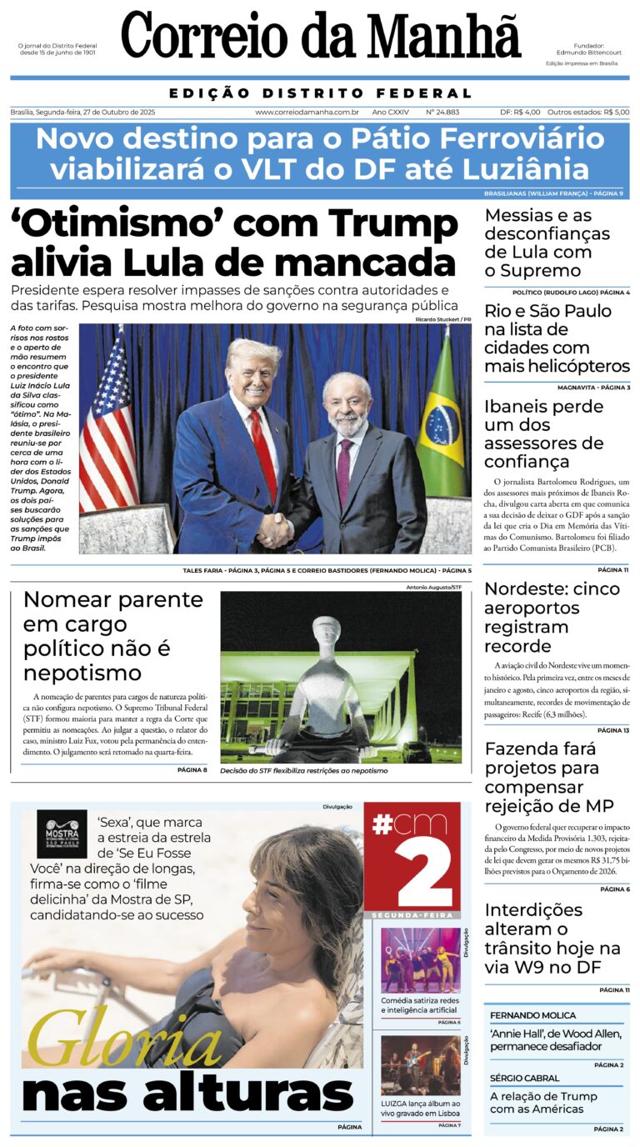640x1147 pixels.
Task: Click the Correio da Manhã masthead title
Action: point(320,38)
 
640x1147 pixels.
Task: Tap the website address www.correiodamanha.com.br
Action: point(307,112)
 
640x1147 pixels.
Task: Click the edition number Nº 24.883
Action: point(442,112)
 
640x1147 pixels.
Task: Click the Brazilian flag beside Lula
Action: point(442,417)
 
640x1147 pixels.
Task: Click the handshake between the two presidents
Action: point(275,528)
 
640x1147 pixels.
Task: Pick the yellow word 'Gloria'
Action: point(125,1042)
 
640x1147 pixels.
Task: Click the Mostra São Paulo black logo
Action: point(61,834)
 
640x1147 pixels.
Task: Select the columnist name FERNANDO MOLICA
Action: point(532,1015)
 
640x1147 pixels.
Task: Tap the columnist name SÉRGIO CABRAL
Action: point(525,1078)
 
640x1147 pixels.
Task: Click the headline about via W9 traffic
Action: point(552,939)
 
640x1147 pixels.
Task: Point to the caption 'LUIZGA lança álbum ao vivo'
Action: point(420,1108)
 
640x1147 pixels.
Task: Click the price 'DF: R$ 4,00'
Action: point(520,112)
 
